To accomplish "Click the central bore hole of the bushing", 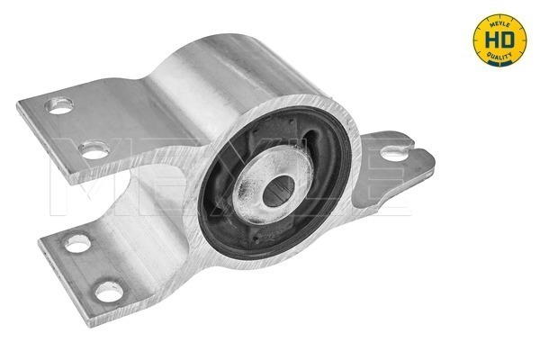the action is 278,191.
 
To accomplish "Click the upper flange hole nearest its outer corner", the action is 59,105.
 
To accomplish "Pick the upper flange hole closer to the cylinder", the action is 94,150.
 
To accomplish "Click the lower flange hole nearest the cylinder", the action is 77,243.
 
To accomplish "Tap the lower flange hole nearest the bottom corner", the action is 109,292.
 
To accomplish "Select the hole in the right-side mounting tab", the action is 394,153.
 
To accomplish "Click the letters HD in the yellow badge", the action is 499,40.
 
